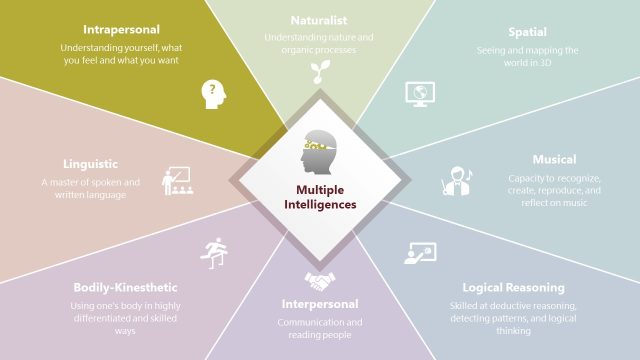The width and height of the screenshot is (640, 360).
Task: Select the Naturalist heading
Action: click(320, 20)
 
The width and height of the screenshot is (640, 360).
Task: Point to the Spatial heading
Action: click(526, 30)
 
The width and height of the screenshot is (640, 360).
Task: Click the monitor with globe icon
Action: click(418, 93)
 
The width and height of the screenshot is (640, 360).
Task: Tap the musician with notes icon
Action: click(456, 180)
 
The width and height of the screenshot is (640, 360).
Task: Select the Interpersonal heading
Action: click(319, 303)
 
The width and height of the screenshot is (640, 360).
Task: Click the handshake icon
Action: click(320, 279)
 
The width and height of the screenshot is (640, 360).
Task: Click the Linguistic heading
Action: click(91, 162)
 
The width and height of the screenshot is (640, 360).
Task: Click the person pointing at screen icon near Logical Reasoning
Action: click(420, 253)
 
